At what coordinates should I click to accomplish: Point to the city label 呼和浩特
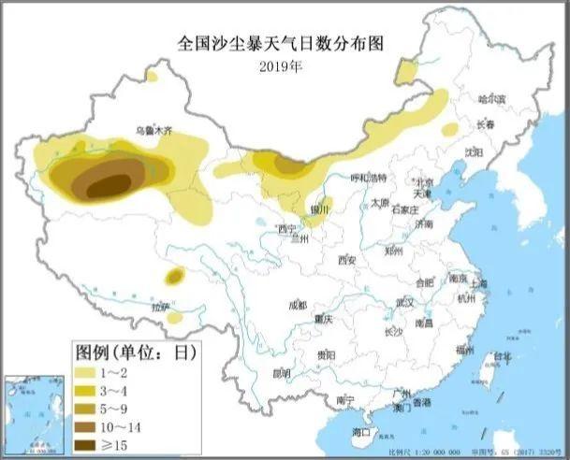367,179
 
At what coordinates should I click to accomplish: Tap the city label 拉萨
161,306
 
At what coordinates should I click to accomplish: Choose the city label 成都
298,305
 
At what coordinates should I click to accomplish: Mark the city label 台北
503,356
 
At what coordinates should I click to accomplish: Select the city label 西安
348,259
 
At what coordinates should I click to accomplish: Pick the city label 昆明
281,373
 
